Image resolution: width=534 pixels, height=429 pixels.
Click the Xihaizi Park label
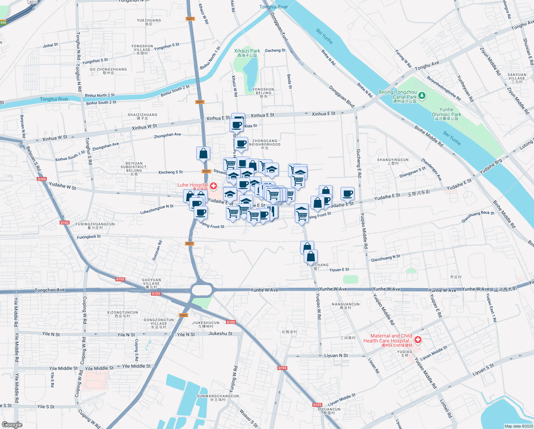247,53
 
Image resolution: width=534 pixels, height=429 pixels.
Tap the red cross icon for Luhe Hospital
213,186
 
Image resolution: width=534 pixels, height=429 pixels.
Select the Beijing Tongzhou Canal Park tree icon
422,95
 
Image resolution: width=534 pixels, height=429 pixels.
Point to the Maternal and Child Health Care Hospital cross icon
418,339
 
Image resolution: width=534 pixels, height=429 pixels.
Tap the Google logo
12,424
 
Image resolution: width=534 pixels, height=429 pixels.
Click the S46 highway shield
3,23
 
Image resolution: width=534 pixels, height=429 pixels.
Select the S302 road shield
183,315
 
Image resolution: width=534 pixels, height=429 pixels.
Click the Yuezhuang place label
149,22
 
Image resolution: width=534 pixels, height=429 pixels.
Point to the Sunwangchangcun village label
218,398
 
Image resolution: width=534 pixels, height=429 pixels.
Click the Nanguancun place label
346,306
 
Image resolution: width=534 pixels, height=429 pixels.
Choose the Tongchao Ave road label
50,290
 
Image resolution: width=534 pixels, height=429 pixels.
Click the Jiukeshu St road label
220,334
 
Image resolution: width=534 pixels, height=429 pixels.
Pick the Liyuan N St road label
336,355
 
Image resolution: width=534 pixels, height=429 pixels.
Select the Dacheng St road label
275,50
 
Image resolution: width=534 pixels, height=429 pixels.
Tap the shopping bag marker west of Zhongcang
203,153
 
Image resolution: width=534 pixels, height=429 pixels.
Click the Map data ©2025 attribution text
519,426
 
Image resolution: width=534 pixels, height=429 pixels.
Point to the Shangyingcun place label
393,161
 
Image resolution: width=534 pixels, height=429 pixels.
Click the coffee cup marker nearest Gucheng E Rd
347,194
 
